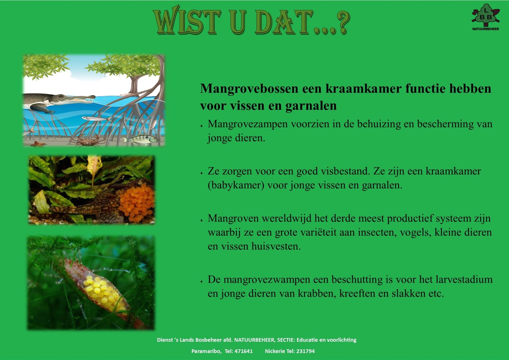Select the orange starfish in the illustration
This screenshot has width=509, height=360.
tap(38, 144)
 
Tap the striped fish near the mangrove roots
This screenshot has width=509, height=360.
tap(141, 139)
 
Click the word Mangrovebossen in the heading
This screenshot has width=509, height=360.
tap(249, 89)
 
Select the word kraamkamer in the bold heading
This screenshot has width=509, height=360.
tap(364, 89)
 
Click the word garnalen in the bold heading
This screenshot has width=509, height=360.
tap(311, 106)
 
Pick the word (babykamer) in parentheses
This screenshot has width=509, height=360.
tap(236, 185)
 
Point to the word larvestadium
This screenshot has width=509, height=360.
tap(464, 279)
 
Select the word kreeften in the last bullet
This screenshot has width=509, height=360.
tap(357, 293)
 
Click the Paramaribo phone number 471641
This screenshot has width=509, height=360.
tap(244, 351)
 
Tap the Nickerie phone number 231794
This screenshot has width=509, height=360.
tap(306, 351)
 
